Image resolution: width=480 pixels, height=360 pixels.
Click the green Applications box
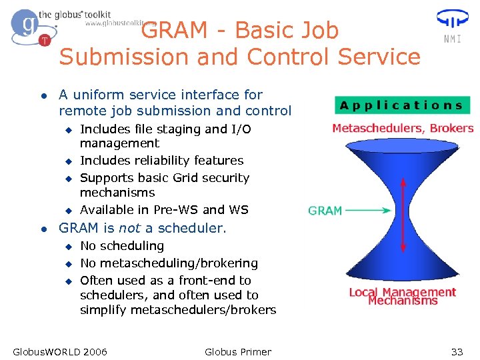coord(402,105)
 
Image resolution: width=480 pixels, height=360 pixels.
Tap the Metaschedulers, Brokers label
coord(403,128)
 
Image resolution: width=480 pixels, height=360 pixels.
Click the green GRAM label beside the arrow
coord(325,211)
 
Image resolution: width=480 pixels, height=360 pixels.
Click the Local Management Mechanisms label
coord(403,296)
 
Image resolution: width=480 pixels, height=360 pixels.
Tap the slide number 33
coord(457,351)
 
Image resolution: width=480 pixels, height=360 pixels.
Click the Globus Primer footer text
coord(238,351)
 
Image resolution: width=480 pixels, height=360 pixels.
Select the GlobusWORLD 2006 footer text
coord(60,351)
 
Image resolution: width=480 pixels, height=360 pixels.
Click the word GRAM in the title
coord(174,31)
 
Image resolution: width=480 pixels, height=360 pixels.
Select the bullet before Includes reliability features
coord(67,161)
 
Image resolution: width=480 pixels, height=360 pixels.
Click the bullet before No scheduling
coord(67,246)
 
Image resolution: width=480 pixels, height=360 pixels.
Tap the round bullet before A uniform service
coord(43,95)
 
